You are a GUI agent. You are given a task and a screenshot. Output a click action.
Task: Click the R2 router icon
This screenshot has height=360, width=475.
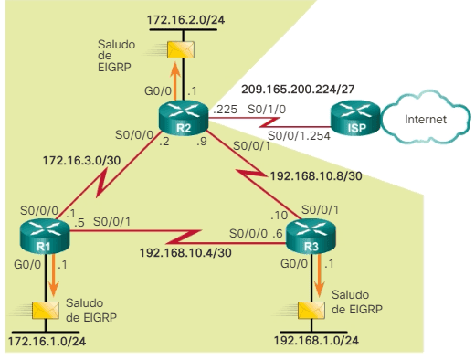(184, 118)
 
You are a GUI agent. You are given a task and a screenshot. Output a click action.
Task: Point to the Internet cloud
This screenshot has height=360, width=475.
(426, 119)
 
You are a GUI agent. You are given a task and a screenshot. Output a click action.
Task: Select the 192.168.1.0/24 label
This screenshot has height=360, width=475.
(317, 341)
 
